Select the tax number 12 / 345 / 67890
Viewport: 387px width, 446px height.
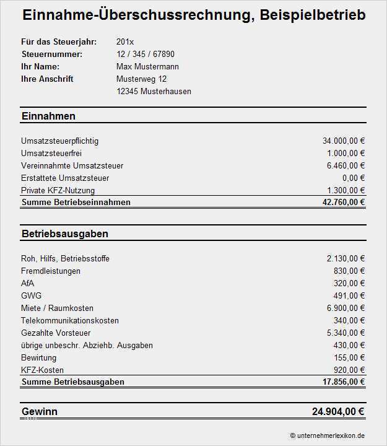pyautogui.click(x=145, y=54)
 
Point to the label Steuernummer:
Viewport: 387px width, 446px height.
pyautogui.click(x=51, y=54)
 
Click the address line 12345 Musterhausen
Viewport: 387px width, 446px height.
pyautogui.click(x=154, y=91)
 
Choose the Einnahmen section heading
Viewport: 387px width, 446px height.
pyautogui.click(x=48, y=116)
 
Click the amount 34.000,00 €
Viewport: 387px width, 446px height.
pyautogui.click(x=344, y=141)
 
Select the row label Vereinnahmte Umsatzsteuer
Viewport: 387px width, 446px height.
pyautogui.click(x=72, y=165)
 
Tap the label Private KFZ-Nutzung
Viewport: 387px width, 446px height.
pyautogui.click(x=58, y=190)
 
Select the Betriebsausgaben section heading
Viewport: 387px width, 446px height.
pyautogui.click(x=64, y=234)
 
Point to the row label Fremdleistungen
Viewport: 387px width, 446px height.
pyautogui.click(x=51, y=271)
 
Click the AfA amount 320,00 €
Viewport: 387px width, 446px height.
pyautogui.click(x=349, y=283)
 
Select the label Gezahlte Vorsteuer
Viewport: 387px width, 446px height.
pyautogui.click(x=56, y=333)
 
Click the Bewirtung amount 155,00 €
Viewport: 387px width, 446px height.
pyautogui.click(x=349, y=357)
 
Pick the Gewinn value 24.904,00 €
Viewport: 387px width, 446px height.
pyautogui.click(x=337, y=411)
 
